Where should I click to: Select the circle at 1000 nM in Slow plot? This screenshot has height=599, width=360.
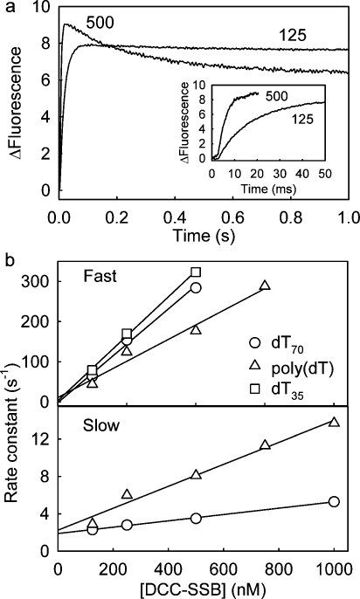click(334, 501)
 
